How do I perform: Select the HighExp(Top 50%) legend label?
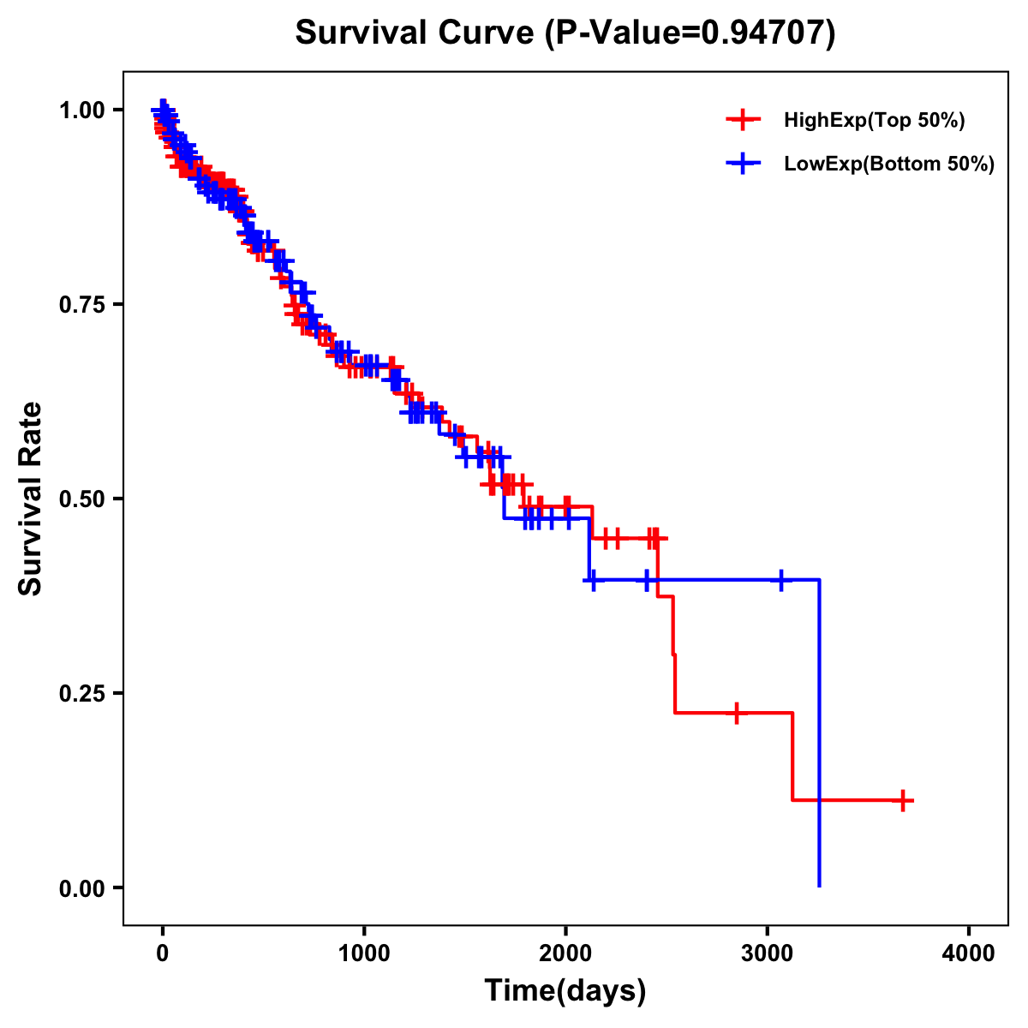[875, 121]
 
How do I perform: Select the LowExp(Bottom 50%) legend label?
[889, 164]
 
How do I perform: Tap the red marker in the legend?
[743, 120]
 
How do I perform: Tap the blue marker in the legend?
[743, 164]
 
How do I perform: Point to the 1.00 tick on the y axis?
[81, 110]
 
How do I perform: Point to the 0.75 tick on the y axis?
[81, 304]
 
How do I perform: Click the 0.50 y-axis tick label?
[81, 499]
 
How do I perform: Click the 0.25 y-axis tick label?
[81, 693]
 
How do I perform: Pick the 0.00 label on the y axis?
[81, 888]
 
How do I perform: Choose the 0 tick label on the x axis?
[162, 953]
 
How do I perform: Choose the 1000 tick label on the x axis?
[364, 953]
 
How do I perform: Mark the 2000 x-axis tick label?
[565, 953]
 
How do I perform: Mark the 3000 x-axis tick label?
[768, 953]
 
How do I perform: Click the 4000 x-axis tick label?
[969, 953]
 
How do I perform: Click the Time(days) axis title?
[565, 991]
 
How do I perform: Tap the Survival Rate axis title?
[31, 499]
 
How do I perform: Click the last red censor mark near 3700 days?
[902, 800]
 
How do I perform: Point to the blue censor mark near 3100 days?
[780, 580]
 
